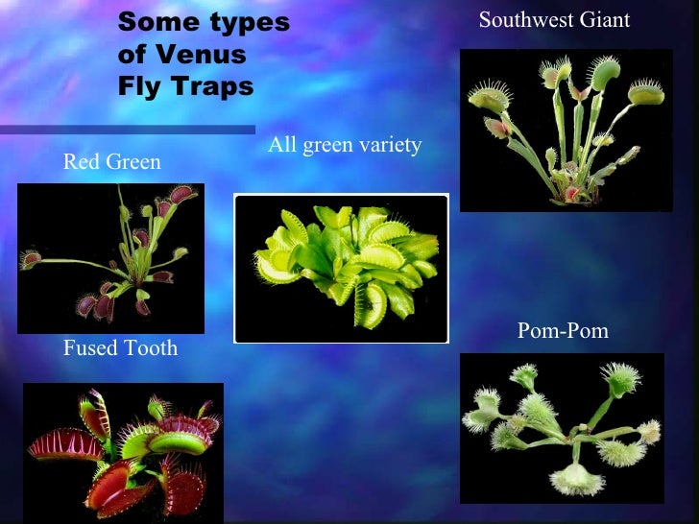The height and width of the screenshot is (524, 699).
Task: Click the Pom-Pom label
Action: pyautogui.click(x=563, y=332)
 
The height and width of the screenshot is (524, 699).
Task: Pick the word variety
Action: pyautogui.click(x=389, y=145)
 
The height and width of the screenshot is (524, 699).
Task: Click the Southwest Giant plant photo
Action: pyautogui.click(x=565, y=131)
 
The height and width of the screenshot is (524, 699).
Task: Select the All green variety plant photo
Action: pyautogui.click(x=342, y=268)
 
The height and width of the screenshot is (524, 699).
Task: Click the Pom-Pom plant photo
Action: pyautogui.click(x=562, y=428)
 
